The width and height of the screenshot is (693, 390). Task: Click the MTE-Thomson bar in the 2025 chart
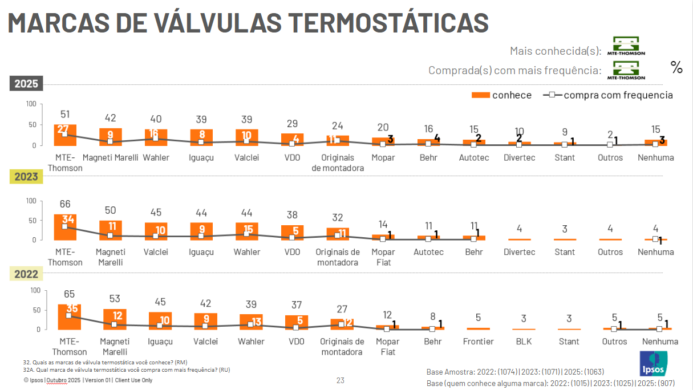pos(65,135)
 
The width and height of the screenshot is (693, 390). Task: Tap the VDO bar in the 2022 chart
pos(297,322)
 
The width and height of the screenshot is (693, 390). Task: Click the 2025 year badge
pos(26,84)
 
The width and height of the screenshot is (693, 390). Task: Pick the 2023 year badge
pos(26,177)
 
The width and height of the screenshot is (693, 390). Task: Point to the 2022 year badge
pos(26,274)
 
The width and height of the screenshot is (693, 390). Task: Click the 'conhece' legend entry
pos(502,95)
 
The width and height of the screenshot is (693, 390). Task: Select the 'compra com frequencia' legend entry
pos(609,95)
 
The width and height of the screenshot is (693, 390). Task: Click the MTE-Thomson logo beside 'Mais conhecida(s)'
pos(626,46)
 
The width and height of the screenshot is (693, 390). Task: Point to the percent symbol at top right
pos(676,67)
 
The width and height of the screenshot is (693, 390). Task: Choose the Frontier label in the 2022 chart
pos(478,342)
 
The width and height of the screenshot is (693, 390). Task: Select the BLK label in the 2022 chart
pos(524,342)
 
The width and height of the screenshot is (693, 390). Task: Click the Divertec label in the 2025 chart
pos(519,157)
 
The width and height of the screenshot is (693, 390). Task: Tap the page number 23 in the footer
pos(341,380)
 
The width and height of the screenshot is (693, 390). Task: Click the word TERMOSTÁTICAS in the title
pos(388,23)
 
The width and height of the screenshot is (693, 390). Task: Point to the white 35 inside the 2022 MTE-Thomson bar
pos(72,308)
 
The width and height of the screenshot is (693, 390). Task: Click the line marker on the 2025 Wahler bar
pos(155,139)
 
